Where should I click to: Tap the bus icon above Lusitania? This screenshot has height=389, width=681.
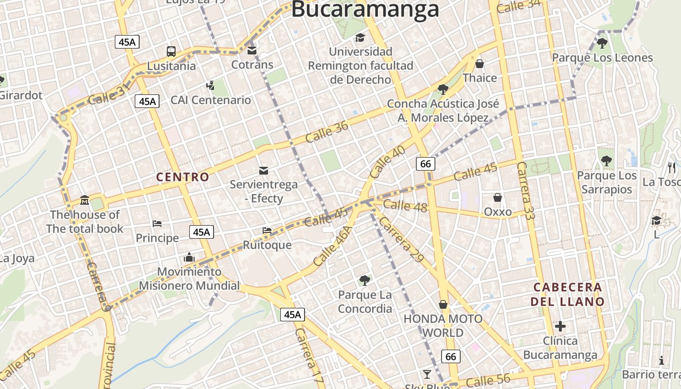pyautogui.click(x=171, y=51)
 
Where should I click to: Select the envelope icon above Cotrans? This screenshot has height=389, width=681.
pyautogui.click(x=252, y=50)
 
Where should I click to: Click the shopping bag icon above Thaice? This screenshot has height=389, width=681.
pyautogui.click(x=480, y=64)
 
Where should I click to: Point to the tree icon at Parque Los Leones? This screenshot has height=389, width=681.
pyautogui.click(x=602, y=43)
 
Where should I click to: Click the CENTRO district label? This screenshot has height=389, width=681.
pyautogui.click(x=182, y=177)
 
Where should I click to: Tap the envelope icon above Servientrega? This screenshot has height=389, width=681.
pyautogui.click(x=264, y=170)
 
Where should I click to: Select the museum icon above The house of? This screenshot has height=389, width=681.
pyautogui.click(x=85, y=200)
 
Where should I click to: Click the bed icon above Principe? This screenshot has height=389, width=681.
pyautogui.click(x=157, y=224)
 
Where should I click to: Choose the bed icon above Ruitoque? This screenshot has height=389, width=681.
pyautogui.click(x=267, y=230)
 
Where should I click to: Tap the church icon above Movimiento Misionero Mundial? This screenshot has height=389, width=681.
pyautogui.click(x=189, y=257)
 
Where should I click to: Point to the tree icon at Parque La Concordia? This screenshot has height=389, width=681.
pyautogui.click(x=364, y=280)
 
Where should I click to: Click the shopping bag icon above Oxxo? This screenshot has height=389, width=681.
pyautogui.click(x=498, y=197)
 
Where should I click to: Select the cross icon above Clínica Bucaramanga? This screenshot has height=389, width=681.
pyautogui.click(x=560, y=326)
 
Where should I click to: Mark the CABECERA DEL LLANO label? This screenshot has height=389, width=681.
pyautogui.click(x=568, y=294)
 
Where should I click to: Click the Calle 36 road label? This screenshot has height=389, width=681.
pyautogui.click(x=327, y=132)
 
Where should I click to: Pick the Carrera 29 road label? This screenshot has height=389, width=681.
pyautogui.click(x=401, y=240)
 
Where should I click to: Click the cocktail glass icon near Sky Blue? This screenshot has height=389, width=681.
pyautogui.click(x=427, y=374)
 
